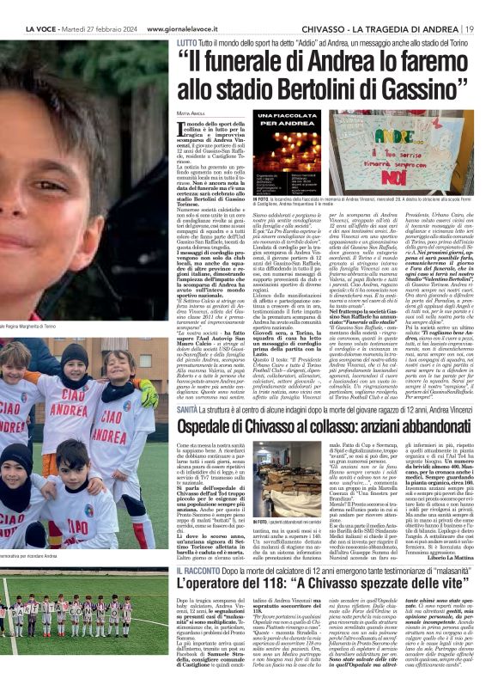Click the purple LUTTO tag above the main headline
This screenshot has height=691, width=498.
pos(187,40)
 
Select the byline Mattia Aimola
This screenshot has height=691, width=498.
pos(192,113)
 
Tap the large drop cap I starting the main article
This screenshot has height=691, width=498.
pos(182,130)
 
